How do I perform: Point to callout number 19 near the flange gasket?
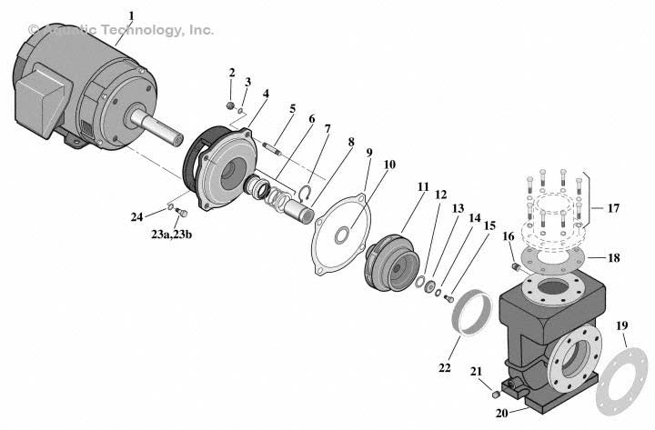point(621,325)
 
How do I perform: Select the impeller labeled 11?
point(389,258)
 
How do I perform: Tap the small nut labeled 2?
point(231,105)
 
